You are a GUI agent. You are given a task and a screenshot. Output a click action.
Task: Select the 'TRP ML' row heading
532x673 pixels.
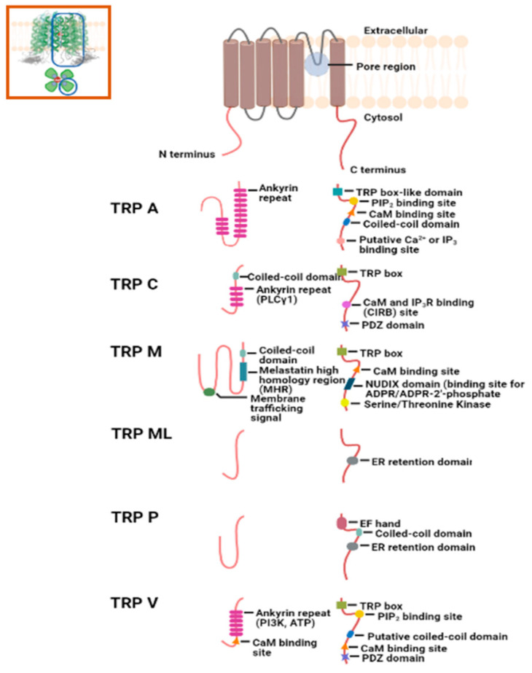pos(141,434)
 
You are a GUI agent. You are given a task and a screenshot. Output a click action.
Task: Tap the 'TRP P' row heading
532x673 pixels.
pos(135,518)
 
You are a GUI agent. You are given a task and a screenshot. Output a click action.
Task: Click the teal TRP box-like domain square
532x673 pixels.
pos(337,191)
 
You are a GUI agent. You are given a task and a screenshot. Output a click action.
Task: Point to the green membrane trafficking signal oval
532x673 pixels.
pos(209,392)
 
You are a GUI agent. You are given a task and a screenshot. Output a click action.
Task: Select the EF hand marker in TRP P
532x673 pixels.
pos(341,523)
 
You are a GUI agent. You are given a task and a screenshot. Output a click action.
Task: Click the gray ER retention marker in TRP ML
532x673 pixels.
pos(352,461)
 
